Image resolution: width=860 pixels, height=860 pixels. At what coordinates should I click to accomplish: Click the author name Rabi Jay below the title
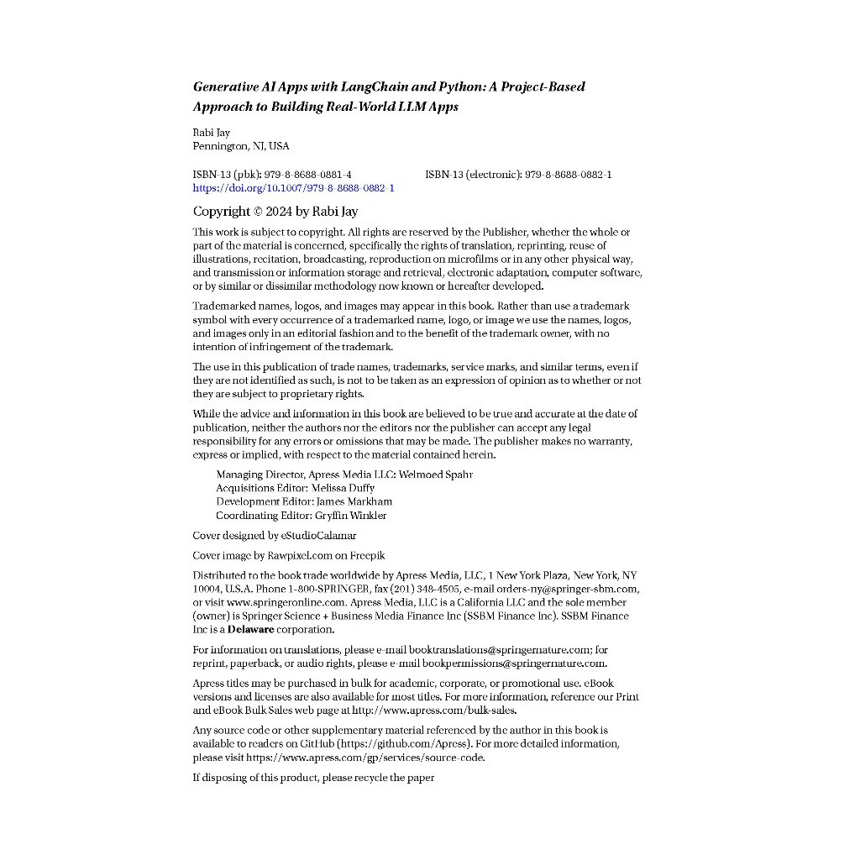tap(212, 133)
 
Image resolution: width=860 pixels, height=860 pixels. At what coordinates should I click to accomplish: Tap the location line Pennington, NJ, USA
tap(241, 146)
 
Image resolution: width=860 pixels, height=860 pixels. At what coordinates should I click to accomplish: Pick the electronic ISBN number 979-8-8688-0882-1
tap(568, 175)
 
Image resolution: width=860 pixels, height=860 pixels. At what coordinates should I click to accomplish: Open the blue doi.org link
tap(294, 188)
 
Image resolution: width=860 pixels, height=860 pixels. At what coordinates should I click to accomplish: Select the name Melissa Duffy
tap(343, 488)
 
